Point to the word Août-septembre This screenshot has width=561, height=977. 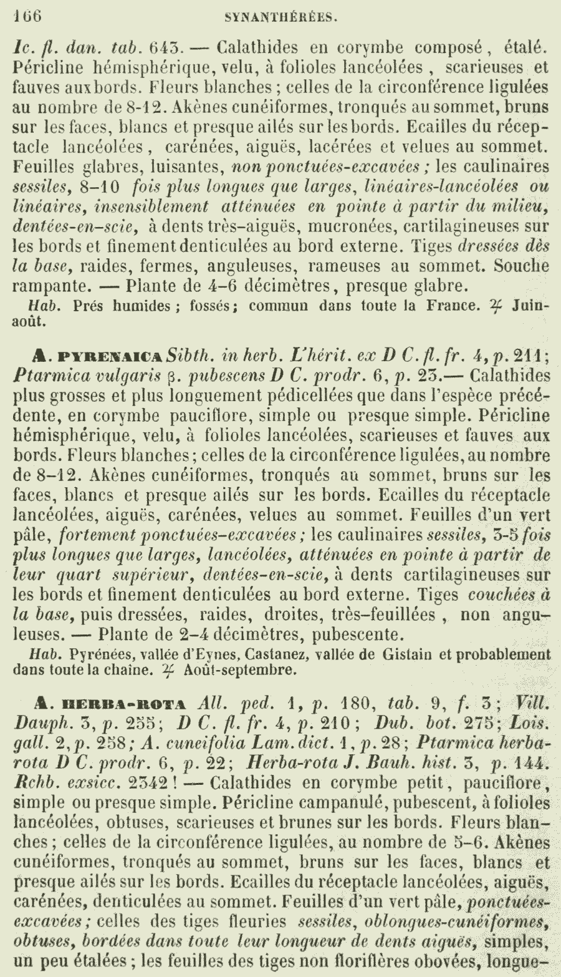[239, 671]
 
